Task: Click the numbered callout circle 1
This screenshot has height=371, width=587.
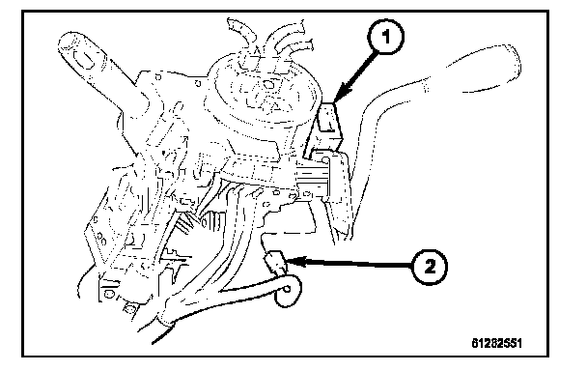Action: point(385,37)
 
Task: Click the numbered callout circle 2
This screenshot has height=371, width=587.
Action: point(431,267)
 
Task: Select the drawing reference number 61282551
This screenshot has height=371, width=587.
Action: point(496,343)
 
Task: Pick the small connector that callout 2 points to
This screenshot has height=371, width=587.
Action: point(276,263)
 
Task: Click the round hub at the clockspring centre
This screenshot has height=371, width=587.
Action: point(267,85)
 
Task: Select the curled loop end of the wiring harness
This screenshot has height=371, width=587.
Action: point(288,291)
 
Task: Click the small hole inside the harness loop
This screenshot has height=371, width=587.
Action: point(287,289)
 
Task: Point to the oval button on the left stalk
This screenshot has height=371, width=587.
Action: point(84,59)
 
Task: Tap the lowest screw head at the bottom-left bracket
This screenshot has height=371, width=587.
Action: point(130,309)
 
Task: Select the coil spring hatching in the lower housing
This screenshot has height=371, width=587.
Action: point(183,224)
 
